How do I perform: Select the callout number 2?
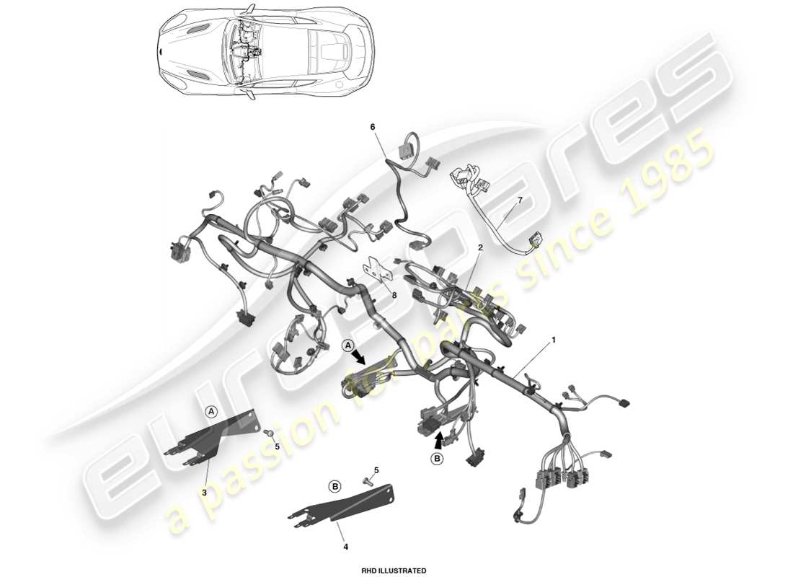click(480, 247)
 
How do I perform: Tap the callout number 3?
click(204, 492)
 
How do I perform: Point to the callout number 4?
click(345, 547)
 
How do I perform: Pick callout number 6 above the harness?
click(373, 127)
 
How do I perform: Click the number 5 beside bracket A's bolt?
click(277, 446)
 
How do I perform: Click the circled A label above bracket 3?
click(211, 411)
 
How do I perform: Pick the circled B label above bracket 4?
click(335, 487)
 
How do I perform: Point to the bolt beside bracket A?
click(267, 433)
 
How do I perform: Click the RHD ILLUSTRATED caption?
click(394, 571)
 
